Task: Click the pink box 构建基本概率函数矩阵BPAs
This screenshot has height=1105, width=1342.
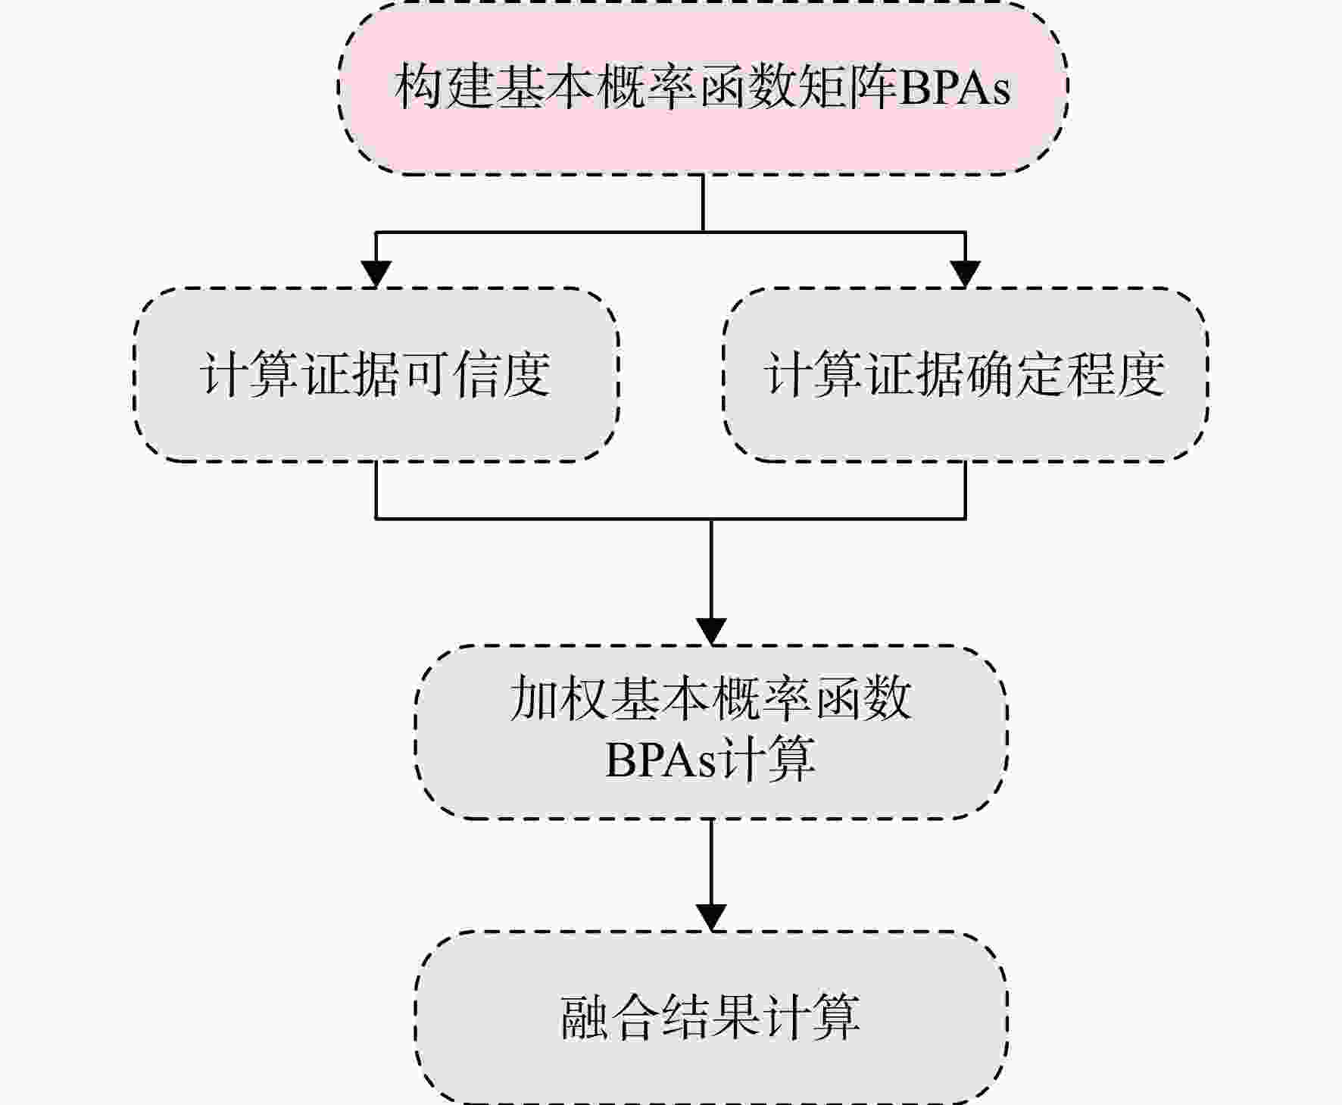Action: [703, 89]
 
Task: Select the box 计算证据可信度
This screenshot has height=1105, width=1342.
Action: [376, 375]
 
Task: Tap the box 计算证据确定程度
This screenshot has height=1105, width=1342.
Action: [965, 375]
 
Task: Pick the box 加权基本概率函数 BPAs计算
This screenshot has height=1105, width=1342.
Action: [711, 732]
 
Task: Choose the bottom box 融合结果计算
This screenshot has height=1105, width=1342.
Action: [711, 1017]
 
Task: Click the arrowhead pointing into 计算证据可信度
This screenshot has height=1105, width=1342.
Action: [376, 274]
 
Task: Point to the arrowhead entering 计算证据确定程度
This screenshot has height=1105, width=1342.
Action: [965, 274]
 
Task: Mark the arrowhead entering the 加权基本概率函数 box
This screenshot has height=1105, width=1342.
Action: [711, 632]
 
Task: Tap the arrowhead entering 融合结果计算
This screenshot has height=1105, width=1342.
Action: [711, 917]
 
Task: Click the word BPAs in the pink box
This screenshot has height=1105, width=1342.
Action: [953, 88]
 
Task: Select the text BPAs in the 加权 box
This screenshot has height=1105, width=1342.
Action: [660, 760]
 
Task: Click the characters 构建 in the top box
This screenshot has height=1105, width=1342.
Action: [443, 87]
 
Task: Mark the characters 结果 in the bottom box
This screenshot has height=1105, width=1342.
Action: [710, 1016]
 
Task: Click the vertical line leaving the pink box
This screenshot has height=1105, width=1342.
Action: [703, 203]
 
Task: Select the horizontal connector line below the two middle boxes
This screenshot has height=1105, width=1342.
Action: [671, 519]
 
